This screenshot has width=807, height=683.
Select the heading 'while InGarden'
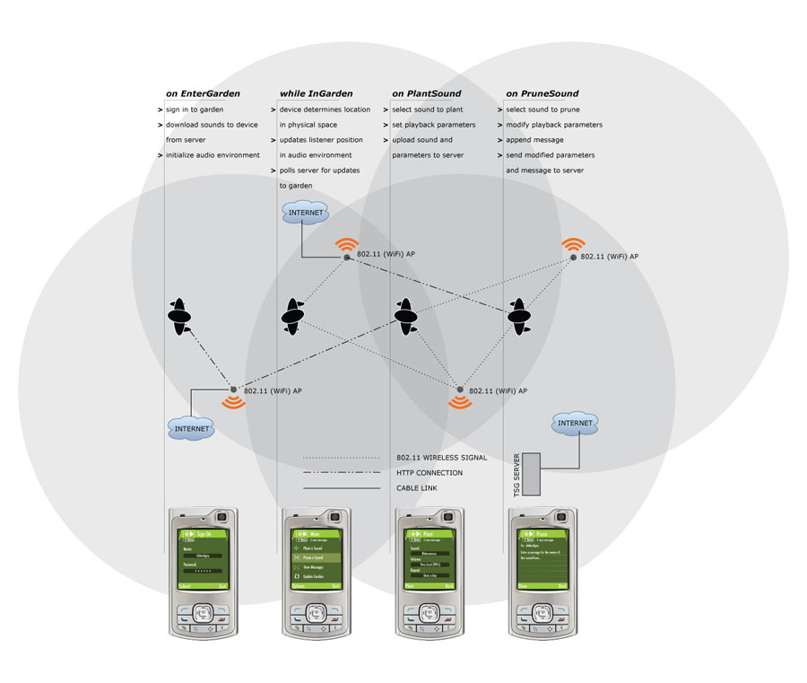pos(316,93)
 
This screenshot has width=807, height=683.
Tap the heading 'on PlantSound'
pos(427,93)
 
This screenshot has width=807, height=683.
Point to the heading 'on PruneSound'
pos(542,93)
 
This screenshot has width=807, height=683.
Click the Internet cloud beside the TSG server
pos(575,423)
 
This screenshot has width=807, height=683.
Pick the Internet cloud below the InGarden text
pos(305,213)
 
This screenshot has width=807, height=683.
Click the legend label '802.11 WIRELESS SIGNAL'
pos(441,458)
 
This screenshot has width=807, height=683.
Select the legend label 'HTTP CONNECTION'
pos(430,473)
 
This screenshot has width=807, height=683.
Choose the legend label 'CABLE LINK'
pos(417,488)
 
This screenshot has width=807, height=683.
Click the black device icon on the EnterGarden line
pos(180,317)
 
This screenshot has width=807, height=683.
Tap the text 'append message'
pos(534,140)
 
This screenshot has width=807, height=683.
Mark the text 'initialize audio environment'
pos(213,155)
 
